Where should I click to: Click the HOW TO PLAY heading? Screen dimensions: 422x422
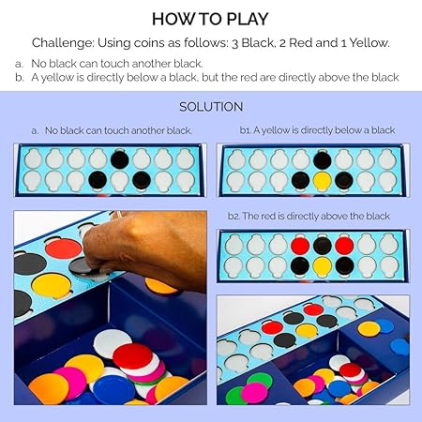(210, 19)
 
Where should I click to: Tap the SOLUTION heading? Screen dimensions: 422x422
(211, 107)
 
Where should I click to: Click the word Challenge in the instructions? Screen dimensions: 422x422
(63, 43)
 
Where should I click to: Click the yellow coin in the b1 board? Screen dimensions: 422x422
(323, 181)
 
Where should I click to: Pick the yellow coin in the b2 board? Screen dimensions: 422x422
(323, 265)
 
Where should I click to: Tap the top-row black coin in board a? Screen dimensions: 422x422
(120, 159)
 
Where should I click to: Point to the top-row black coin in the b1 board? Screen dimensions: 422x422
(323, 160)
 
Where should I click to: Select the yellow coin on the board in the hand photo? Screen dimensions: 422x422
(52, 285)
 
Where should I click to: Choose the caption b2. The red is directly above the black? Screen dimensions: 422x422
(309, 216)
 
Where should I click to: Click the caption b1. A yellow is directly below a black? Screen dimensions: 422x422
(317, 130)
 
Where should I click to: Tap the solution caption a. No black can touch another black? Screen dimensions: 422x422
(112, 130)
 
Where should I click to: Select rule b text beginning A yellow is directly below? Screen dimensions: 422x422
(215, 77)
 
